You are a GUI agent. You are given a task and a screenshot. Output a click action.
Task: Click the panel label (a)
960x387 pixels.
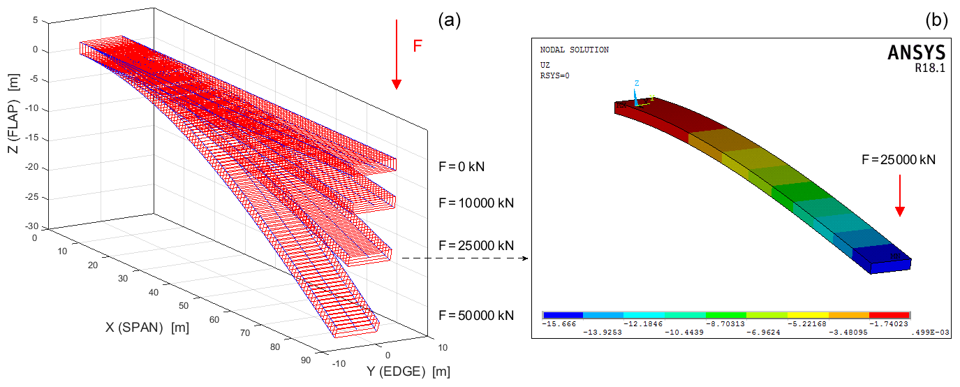tap(450, 20)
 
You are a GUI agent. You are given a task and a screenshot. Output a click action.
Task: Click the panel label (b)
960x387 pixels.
tap(936, 21)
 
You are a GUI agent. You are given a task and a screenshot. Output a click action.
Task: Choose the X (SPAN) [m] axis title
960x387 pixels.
tap(147, 327)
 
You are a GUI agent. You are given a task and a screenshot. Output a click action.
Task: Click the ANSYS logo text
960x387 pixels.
tap(916, 53)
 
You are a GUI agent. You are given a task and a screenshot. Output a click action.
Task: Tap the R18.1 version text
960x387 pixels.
tap(930, 68)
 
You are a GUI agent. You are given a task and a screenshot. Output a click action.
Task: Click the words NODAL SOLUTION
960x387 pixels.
tap(574, 50)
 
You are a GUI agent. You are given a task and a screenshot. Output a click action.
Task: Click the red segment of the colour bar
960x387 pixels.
tap(890, 315)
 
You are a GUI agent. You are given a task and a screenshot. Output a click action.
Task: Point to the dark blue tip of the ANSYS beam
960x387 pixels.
tap(883, 259)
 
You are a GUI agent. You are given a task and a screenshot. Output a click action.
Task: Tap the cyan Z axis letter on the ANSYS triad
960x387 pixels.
tap(637, 83)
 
